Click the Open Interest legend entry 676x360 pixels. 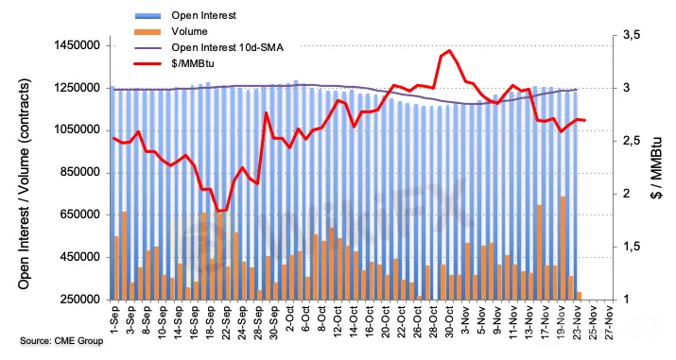(x=203, y=15)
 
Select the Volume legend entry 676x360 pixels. (x=189, y=31)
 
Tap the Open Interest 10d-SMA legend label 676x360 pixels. (x=227, y=47)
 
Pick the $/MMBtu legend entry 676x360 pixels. (x=193, y=63)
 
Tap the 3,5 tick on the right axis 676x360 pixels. (x=632, y=35)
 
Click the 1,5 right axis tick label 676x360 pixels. (x=632, y=247)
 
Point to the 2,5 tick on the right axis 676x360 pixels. (x=632, y=141)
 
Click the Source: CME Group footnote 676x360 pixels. (x=61, y=341)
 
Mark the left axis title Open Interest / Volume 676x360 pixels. (x=25, y=184)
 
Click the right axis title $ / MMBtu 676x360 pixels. (x=656, y=168)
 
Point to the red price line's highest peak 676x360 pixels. (x=449, y=50)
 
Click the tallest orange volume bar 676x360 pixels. (x=563, y=249)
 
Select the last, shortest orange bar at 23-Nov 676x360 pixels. (x=579, y=296)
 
